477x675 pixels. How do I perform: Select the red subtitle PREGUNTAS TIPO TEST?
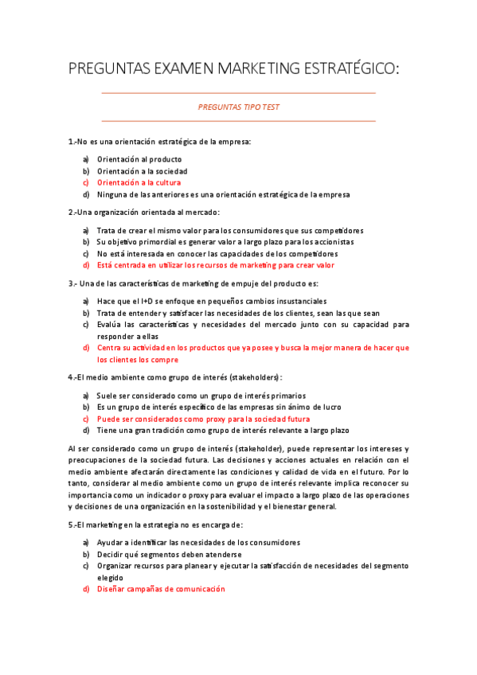[x=238, y=107]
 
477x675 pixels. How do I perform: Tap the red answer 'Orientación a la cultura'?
[x=139, y=182]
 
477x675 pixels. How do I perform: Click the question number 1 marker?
[x=72, y=142]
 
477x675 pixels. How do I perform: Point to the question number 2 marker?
[x=72, y=213]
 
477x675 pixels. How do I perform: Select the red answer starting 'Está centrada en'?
[x=215, y=265]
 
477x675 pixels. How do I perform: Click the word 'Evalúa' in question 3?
[x=110, y=325]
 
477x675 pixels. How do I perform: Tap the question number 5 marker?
[x=72, y=525]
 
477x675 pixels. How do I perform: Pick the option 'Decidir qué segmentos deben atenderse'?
[x=169, y=554]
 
